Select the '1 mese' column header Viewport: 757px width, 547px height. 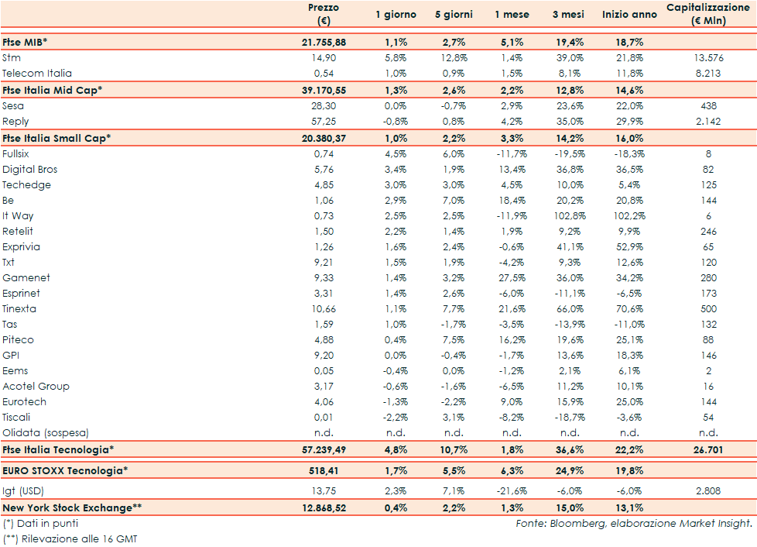coord(512,15)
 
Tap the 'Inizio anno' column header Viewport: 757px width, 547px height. coord(629,15)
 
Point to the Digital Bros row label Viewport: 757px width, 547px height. coord(30,169)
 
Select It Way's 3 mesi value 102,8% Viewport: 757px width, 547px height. coord(570,215)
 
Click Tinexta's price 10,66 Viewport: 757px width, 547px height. coord(323,308)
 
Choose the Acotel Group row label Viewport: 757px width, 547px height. coord(36,386)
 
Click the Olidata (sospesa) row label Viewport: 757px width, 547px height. coord(46,432)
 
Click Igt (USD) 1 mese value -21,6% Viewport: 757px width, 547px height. coord(512,490)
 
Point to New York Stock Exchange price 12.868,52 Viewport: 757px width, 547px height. coord(323,507)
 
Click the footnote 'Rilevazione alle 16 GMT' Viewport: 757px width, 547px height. coord(75,538)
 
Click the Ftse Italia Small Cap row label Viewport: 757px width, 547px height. coord(57,138)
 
